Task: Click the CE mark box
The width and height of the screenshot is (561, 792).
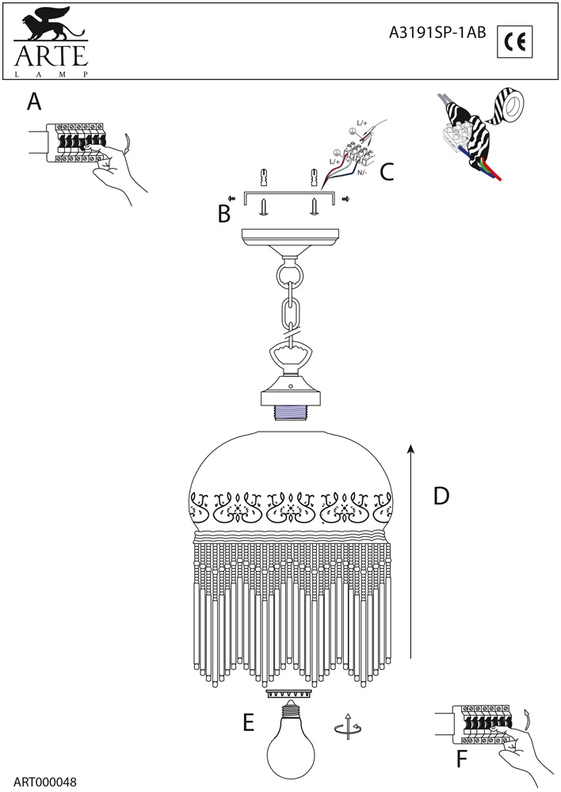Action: click(515, 42)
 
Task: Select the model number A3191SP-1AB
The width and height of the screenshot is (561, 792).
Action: click(437, 33)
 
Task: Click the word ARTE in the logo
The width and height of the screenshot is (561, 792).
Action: click(48, 57)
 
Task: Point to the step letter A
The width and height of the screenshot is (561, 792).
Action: click(33, 102)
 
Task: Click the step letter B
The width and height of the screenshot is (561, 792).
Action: click(224, 213)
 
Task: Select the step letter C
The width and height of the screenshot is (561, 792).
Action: click(386, 172)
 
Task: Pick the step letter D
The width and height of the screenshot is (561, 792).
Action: click(441, 497)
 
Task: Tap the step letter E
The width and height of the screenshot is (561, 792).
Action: click(248, 722)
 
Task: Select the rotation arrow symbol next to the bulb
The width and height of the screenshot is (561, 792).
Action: click(344, 726)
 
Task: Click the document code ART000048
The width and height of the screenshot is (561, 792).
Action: click(44, 782)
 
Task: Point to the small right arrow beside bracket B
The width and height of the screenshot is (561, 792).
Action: click(346, 200)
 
